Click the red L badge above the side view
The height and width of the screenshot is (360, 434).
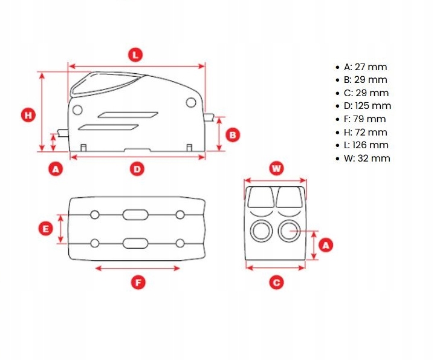[136, 54]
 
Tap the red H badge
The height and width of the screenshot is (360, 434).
[27, 115]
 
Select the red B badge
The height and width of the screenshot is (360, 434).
[233, 135]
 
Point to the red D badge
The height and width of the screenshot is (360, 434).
[137, 169]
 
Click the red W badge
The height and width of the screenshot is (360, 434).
[276, 168]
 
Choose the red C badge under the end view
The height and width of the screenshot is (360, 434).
[276, 282]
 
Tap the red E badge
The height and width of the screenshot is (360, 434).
[44, 229]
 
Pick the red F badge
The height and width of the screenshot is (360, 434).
[138, 282]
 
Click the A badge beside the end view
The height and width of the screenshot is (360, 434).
[325, 245]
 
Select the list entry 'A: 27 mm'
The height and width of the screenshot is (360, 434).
[365, 67]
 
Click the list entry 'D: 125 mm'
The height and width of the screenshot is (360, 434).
[368, 106]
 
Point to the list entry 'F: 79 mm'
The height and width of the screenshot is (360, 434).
[364, 119]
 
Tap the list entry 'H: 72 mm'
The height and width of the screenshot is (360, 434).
[365, 132]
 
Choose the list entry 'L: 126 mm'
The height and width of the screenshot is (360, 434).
[366, 145]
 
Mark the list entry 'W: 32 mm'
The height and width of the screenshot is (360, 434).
[367, 159]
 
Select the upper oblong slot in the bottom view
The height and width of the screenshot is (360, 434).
[134, 215]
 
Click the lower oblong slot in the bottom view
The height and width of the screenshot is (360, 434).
[134, 243]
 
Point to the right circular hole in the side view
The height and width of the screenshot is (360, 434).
[191, 102]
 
